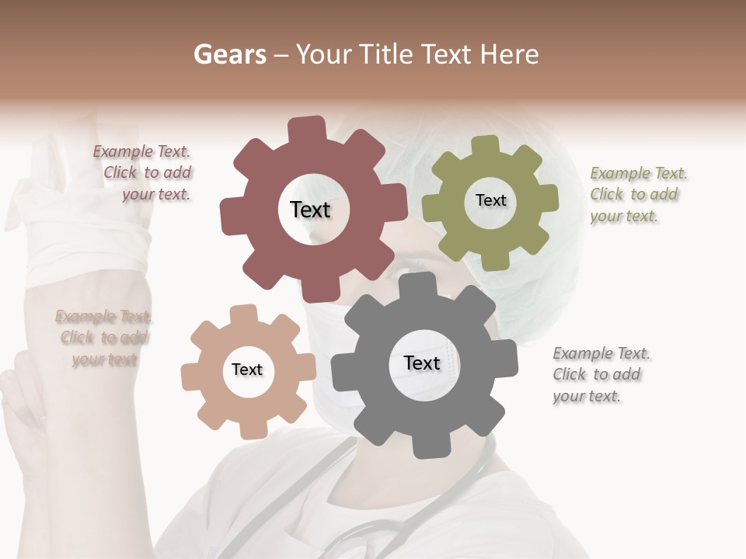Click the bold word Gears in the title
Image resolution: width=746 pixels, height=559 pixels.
tap(228, 54)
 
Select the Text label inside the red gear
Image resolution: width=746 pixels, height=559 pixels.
tap(310, 210)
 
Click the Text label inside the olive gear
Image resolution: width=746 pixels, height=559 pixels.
tap(490, 200)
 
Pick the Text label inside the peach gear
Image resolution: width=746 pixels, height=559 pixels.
tap(247, 370)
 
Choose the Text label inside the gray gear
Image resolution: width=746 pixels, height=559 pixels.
tap(422, 363)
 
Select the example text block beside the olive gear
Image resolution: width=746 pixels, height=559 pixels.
tap(638, 195)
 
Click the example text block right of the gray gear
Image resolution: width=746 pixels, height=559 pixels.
tap(601, 375)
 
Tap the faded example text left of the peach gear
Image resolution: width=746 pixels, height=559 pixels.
tap(103, 338)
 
